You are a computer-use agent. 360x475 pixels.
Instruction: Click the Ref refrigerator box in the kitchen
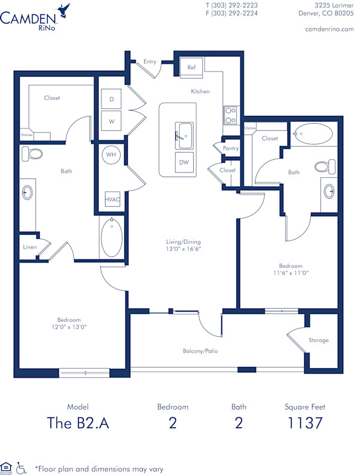(x=191, y=68)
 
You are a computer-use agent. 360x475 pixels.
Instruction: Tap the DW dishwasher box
(x=185, y=162)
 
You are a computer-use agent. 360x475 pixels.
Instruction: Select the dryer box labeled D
(x=112, y=100)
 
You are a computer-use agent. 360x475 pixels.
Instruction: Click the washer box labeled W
(x=112, y=121)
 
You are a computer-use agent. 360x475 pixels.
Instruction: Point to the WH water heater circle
(x=111, y=155)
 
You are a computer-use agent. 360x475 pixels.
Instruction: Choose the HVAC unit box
(x=112, y=199)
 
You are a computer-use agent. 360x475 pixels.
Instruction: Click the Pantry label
(x=230, y=148)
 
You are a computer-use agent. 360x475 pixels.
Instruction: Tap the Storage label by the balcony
(x=319, y=340)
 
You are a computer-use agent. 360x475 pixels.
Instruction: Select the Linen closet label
(x=29, y=246)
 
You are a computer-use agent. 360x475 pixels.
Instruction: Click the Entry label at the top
(x=150, y=61)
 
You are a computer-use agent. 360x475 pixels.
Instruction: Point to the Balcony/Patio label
(x=200, y=351)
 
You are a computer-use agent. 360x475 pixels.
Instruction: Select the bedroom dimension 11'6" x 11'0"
(x=290, y=273)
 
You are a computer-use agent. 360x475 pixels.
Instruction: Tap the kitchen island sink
(x=184, y=135)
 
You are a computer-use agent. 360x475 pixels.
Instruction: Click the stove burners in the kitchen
(x=230, y=115)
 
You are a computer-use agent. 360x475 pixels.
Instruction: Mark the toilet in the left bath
(x=33, y=154)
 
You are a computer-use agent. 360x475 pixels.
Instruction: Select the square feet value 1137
(x=305, y=423)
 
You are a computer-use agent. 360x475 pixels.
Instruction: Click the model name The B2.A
(x=78, y=423)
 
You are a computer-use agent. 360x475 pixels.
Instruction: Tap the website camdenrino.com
(x=329, y=29)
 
